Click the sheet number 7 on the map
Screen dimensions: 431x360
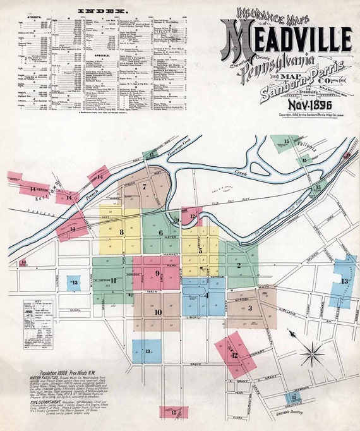[x=145, y=186]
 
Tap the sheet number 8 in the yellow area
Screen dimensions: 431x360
[x=121, y=232]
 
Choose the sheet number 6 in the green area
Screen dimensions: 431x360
[x=160, y=233]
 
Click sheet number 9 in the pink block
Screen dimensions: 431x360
[x=157, y=273]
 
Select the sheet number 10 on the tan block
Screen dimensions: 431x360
[x=158, y=312]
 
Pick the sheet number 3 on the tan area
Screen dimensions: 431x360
[x=249, y=308]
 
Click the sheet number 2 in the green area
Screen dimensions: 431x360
[x=239, y=265]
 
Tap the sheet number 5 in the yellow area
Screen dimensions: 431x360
[x=200, y=251]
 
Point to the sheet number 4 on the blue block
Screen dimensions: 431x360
[x=206, y=294]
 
